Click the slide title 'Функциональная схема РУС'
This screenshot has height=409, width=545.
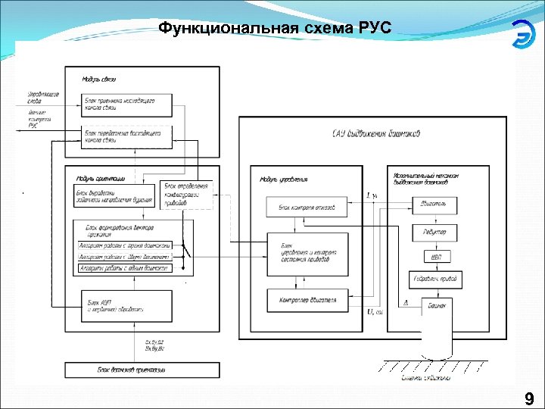click(275, 30)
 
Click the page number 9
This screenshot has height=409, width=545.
click(528, 399)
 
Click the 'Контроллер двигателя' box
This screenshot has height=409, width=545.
click(307, 301)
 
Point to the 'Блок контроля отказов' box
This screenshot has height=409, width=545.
click(307, 206)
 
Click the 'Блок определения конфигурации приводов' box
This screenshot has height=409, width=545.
click(186, 195)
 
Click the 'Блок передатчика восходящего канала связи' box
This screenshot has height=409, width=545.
click(127, 137)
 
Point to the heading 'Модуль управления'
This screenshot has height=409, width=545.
click(283, 180)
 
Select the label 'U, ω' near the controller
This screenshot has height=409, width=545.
click(374, 311)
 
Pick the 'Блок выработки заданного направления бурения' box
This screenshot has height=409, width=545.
click(114, 198)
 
